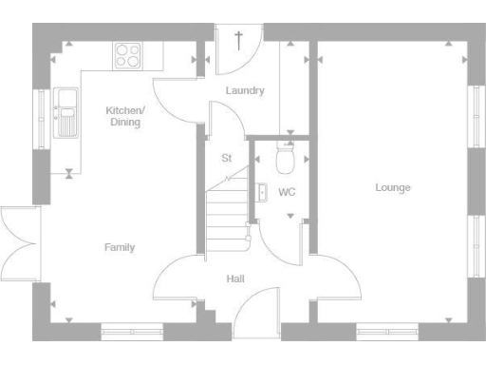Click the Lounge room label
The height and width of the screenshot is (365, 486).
point(392,187)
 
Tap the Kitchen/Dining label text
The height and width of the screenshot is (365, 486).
point(124,116)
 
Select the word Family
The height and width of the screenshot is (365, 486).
point(119,247)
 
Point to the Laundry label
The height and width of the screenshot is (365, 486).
point(244,91)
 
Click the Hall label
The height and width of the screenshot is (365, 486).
point(235,279)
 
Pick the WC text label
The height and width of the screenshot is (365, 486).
point(287,192)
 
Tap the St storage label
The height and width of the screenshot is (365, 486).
point(226,158)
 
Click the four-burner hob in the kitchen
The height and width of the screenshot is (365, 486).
point(127,55)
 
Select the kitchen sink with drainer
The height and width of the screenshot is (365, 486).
point(66,111)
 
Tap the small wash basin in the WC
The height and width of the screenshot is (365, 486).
point(260,192)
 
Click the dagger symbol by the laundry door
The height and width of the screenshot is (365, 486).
point(238,39)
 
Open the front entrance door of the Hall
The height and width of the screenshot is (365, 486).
point(254,314)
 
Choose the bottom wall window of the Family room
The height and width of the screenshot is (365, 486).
point(132,332)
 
